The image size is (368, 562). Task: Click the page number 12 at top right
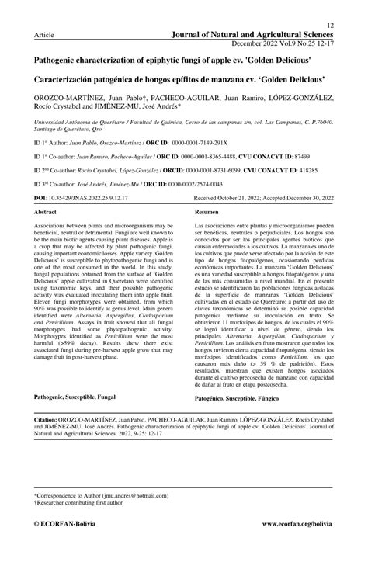click(331, 26)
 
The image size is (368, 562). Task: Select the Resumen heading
click(207, 211)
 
